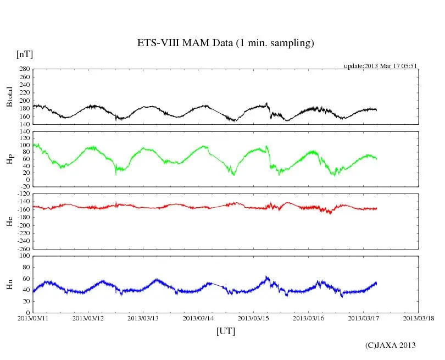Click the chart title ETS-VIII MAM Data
tap(225, 43)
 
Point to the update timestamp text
tap(381, 66)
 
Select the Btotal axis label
tap(9, 97)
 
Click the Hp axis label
tap(9, 159)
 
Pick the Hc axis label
tap(9, 221)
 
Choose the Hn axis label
tap(9, 284)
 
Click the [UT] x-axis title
tap(225, 331)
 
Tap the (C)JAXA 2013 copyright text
tap(390, 345)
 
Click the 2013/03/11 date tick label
tap(33, 318)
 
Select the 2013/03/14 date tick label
tap(198, 318)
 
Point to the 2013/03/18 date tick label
tap(418, 318)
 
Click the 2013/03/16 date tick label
tap(308, 318)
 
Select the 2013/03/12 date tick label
tap(88, 318)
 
